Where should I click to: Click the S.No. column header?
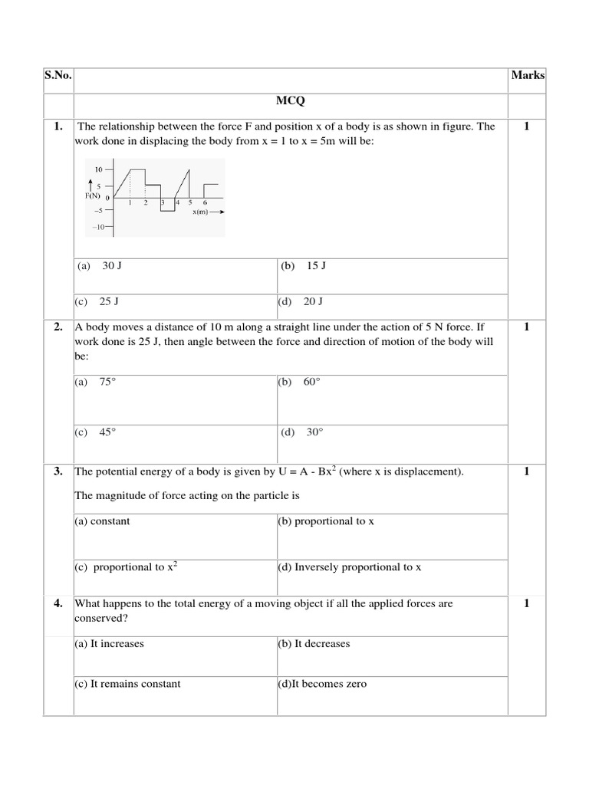(58, 75)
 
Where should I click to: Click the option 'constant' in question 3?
(102, 521)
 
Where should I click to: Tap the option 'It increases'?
(109, 644)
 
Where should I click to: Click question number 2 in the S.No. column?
(58, 327)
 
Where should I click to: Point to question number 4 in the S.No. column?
(58, 604)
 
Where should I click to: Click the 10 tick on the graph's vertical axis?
(98, 169)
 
